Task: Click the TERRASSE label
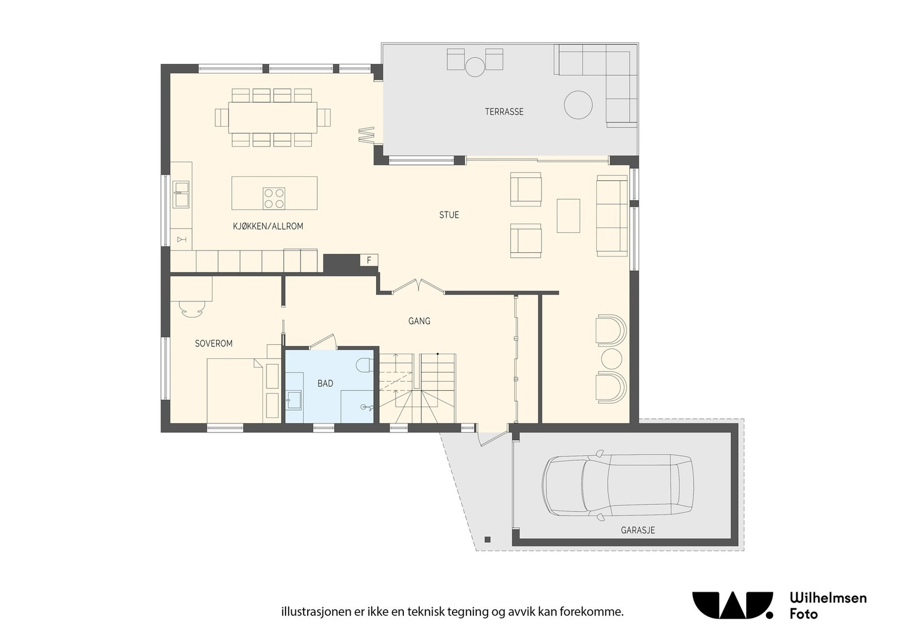pos(504,112)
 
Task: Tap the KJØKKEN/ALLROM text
pos(268,226)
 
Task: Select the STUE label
pos(449,215)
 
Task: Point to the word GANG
pos(419,321)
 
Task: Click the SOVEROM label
pos(213,344)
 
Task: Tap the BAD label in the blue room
pos(325,383)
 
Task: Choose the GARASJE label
pos(638,530)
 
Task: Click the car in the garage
pos(618,485)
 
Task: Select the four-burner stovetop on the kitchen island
pos(274,198)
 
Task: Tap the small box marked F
pos(369,261)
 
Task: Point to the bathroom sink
pos(294,400)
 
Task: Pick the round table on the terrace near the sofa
pos(578,105)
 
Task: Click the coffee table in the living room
pos(568,215)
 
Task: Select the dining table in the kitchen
pos(273,118)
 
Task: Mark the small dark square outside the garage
pos(488,539)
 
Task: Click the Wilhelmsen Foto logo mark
pos(732,606)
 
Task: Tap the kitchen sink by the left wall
pos(181,194)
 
